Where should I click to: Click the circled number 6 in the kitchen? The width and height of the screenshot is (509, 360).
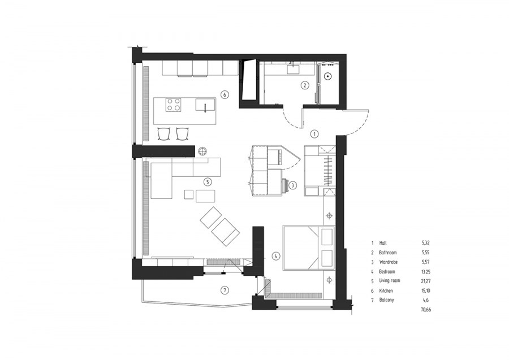pos(224,95)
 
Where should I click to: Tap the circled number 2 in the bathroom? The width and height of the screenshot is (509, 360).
pos(304,85)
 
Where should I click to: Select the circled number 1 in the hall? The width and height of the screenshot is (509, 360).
pos(314,133)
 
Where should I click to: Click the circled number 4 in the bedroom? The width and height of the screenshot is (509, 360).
pos(275,256)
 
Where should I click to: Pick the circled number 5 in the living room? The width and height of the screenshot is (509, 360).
pos(208,182)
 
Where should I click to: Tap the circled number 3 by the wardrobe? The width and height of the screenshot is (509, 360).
pos(292,185)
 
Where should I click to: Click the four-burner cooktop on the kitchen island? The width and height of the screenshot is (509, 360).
pos(174,105)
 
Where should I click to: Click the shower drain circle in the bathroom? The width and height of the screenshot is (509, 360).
pos(328,76)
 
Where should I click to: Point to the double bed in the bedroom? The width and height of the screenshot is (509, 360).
pos(308,248)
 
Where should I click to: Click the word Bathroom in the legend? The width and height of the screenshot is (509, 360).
pos(387,252)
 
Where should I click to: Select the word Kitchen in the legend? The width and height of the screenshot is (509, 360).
pos(386,290)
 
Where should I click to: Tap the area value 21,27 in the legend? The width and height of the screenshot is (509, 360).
pos(425,281)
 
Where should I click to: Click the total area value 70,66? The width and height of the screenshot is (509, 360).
pos(425,310)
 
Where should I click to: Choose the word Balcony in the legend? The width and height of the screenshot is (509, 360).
pos(386,300)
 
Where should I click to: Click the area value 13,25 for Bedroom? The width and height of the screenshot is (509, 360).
pos(425,271)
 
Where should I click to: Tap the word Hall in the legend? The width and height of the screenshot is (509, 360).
pos(383,242)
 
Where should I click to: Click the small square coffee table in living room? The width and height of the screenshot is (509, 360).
pos(188,194)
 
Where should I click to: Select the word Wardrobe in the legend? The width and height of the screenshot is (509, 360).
pos(388,262)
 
